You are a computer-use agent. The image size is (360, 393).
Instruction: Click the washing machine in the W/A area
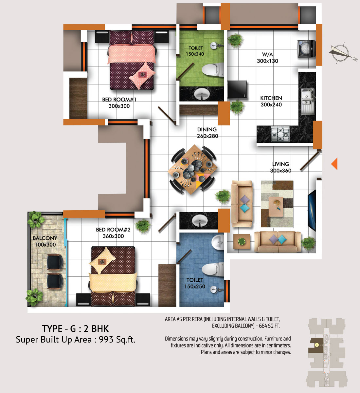coord(306,48)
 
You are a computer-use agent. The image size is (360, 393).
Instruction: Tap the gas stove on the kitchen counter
coord(280,134)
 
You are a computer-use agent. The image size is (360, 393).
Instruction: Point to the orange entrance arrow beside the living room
coord(334,164)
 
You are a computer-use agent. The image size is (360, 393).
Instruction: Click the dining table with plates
coord(193,169)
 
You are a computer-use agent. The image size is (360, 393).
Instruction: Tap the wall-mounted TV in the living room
coord(312,210)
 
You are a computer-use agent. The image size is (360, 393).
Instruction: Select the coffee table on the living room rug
coord(276,207)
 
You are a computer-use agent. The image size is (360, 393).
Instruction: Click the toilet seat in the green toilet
coord(213,70)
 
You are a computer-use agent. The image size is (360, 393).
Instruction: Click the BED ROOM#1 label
coord(119,100)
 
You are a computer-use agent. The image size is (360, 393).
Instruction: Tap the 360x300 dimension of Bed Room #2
coord(113,236)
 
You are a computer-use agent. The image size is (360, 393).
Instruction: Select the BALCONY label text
coord(45,238)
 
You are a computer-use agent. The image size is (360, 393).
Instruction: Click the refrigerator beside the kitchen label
coord(237,89)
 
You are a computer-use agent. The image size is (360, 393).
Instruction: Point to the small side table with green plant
coord(242,242)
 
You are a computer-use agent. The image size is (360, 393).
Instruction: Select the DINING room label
coord(207,129)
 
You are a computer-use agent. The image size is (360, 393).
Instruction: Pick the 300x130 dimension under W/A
coord(268,61)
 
